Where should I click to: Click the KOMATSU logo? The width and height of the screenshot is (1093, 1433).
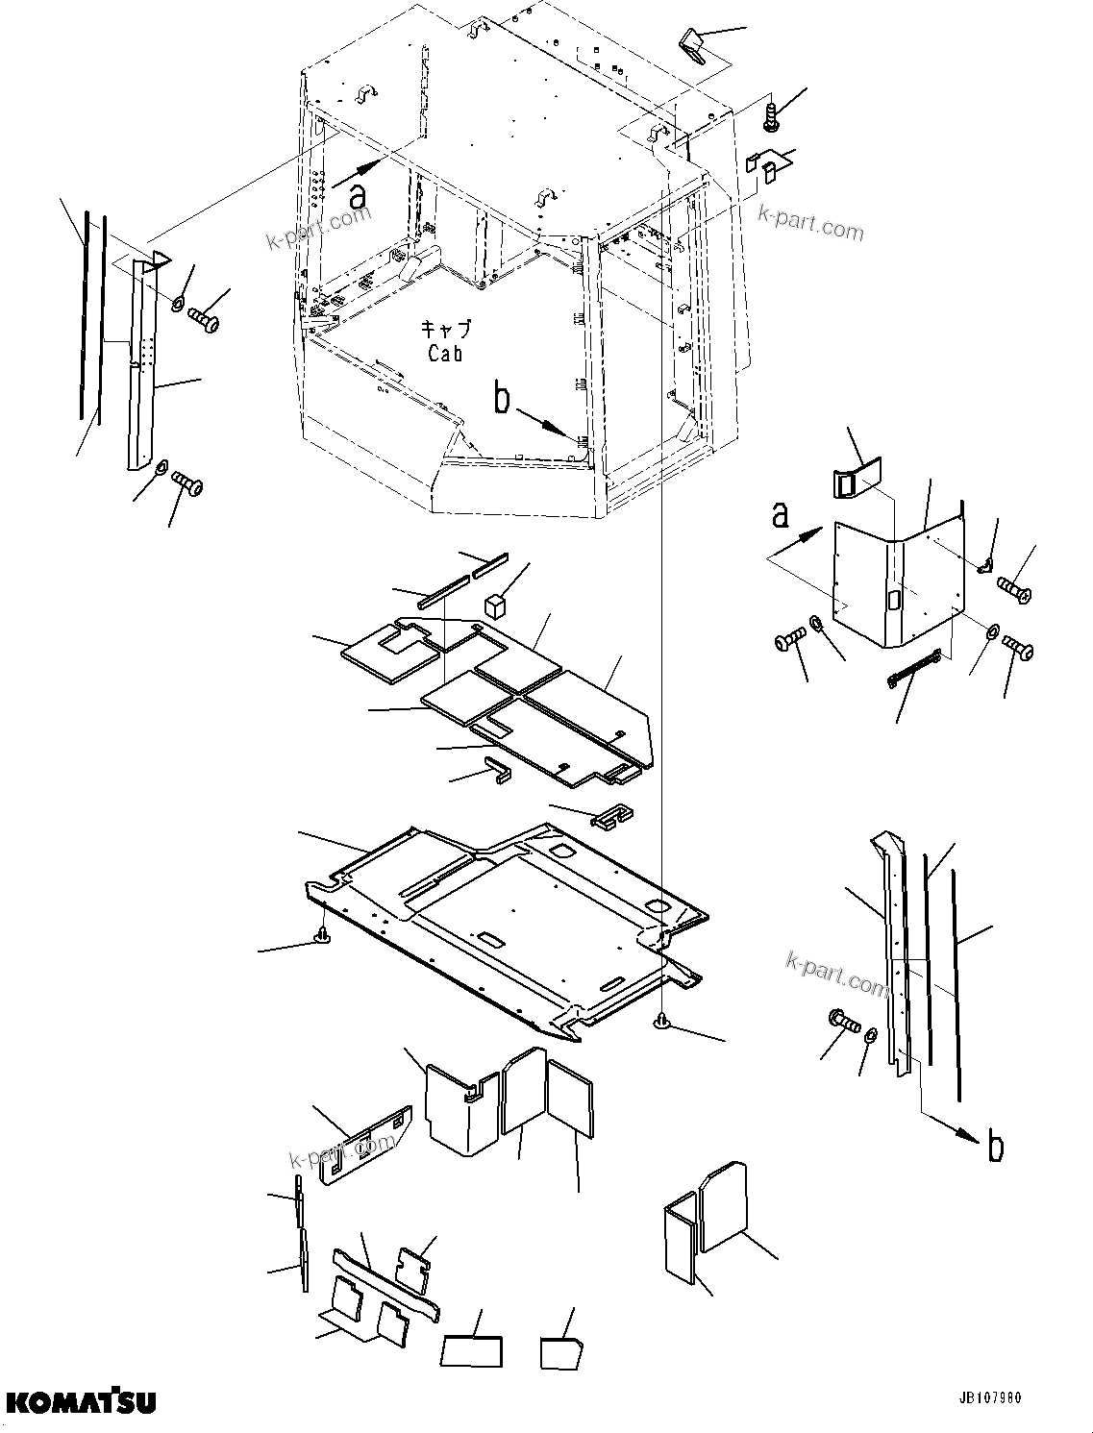click(79, 1402)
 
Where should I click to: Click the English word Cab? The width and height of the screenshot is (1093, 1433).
click(445, 353)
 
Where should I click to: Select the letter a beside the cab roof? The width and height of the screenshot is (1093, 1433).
click(358, 196)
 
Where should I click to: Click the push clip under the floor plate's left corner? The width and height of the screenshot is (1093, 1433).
click(324, 935)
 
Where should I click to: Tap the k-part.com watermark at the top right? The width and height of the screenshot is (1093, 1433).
click(810, 226)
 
